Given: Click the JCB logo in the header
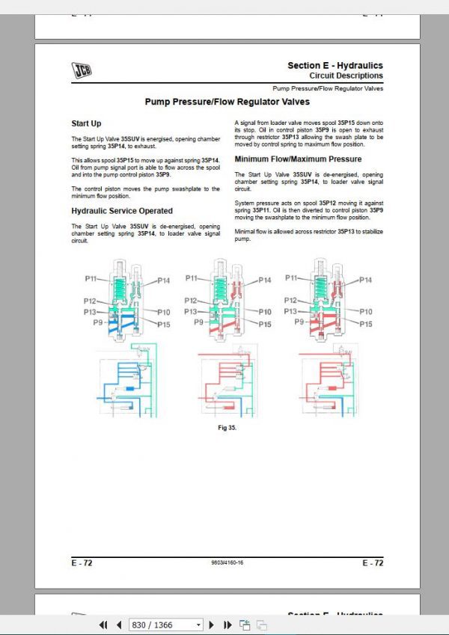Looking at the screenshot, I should click(82, 70).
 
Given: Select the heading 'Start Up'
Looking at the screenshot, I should click(86, 123).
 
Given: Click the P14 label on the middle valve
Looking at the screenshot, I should click(264, 280).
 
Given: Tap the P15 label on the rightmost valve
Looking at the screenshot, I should click(365, 324).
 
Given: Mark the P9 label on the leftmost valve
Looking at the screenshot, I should click(97, 322).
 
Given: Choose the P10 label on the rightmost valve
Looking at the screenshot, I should click(365, 311).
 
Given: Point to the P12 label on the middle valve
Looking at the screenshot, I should click(190, 300).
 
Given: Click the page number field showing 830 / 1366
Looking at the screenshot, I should click(166, 625).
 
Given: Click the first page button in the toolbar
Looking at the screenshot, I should click(104, 625).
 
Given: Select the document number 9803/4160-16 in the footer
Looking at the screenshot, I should click(227, 562).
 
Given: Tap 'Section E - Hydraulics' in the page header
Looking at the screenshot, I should click(335, 66).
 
